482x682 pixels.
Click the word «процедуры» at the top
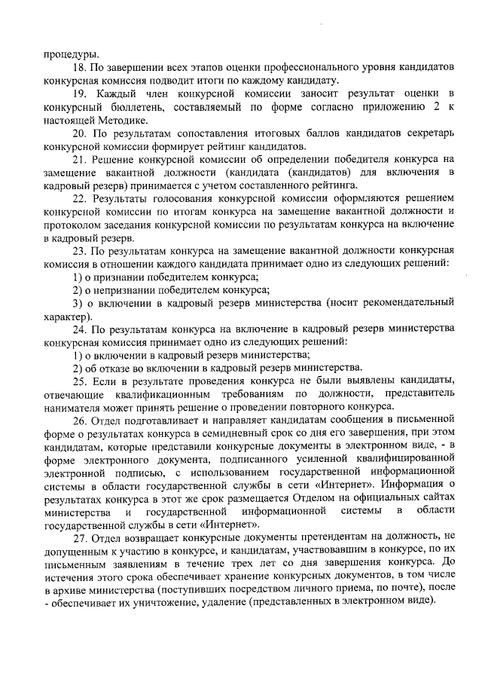(72, 54)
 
